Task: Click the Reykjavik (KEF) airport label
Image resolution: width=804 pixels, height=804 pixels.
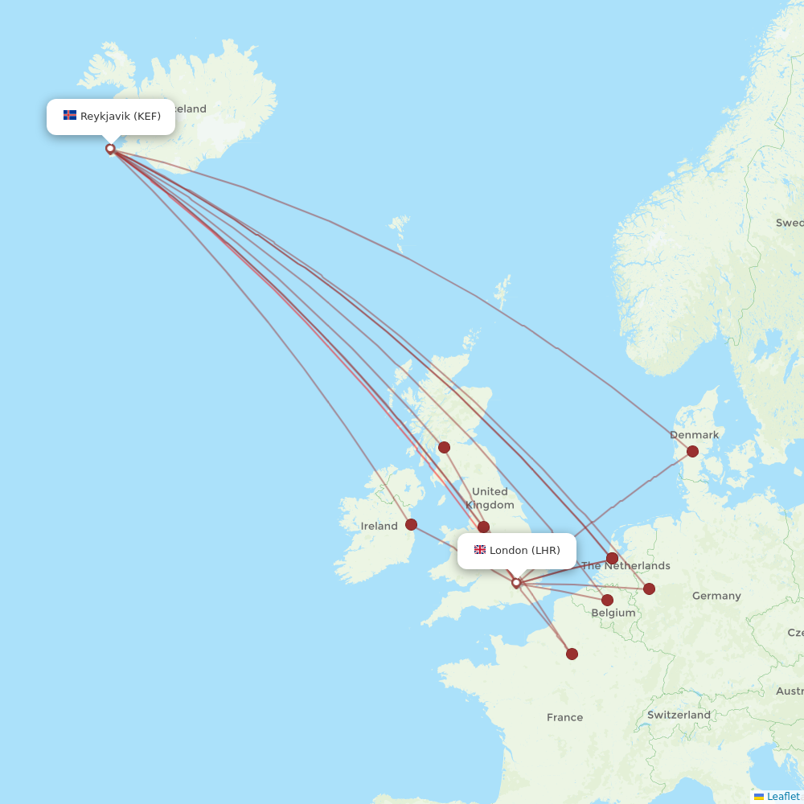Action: [x=120, y=116]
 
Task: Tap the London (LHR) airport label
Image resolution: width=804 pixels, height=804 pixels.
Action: [x=524, y=550]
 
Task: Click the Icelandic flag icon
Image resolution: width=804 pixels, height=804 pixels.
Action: [x=70, y=116]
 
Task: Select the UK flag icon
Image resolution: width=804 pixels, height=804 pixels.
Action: [x=480, y=550]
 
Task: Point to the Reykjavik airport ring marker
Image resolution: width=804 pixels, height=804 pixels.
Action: [x=110, y=149]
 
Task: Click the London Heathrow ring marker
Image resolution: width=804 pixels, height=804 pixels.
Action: [x=516, y=583]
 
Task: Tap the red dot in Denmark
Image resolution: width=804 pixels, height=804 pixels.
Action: [x=692, y=452]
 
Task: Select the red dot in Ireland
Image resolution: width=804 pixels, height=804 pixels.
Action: [x=411, y=525]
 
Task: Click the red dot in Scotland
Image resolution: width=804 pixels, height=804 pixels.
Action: [x=444, y=447]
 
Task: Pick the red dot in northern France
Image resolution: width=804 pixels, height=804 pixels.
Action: [x=572, y=654]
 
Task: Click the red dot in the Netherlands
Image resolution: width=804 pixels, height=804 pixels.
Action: [x=613, y=558]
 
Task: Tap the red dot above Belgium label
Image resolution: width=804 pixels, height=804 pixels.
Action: [x=607, y=600]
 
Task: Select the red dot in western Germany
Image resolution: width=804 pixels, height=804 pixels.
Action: [x=649, y=589]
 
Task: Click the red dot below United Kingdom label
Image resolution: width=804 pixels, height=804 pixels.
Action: [x=483, y=527]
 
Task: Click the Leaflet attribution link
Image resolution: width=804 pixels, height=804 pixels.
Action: [x=782, y=796]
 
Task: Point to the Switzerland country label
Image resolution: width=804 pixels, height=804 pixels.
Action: [x=679, y=715]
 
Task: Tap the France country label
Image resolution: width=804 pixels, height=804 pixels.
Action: [x=564, y=717]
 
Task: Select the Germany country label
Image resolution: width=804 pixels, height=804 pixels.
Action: [x=716, y=596]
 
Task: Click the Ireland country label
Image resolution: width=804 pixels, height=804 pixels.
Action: [x=379, y=526]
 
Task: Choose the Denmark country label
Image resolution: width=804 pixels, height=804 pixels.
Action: [x=694, y=435]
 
